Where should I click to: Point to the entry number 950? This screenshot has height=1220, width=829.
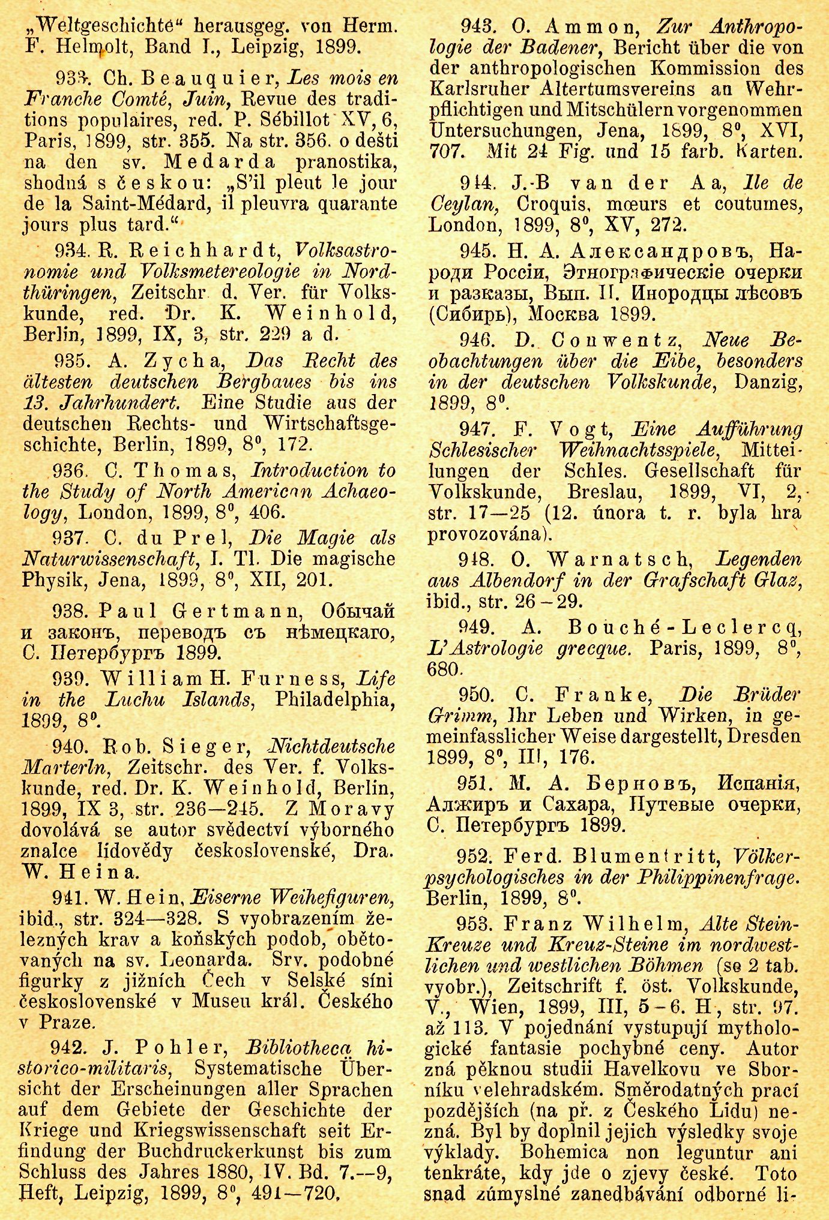pyautogui.click(x=476, y=695)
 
